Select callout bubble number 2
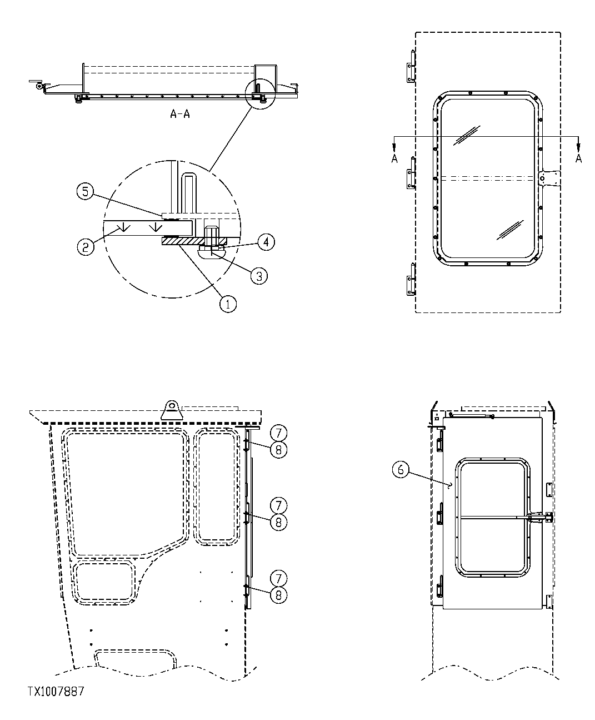[x=85, y=246]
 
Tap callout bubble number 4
[x=267, y=242]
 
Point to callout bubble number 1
[x=228, y=304]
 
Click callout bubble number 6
[x=401, y=470]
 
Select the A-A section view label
[x=181, y=115]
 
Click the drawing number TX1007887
[x=56, y=691]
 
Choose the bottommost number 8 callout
[x=278, y=594]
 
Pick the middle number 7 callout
[x=278, y=505]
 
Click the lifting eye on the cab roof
[x=171, y=410]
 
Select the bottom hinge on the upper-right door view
[x=411, y=279]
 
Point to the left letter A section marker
[x=394, y=159]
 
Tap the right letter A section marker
[x=578, y=159]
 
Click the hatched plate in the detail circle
[x=182, y=241]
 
